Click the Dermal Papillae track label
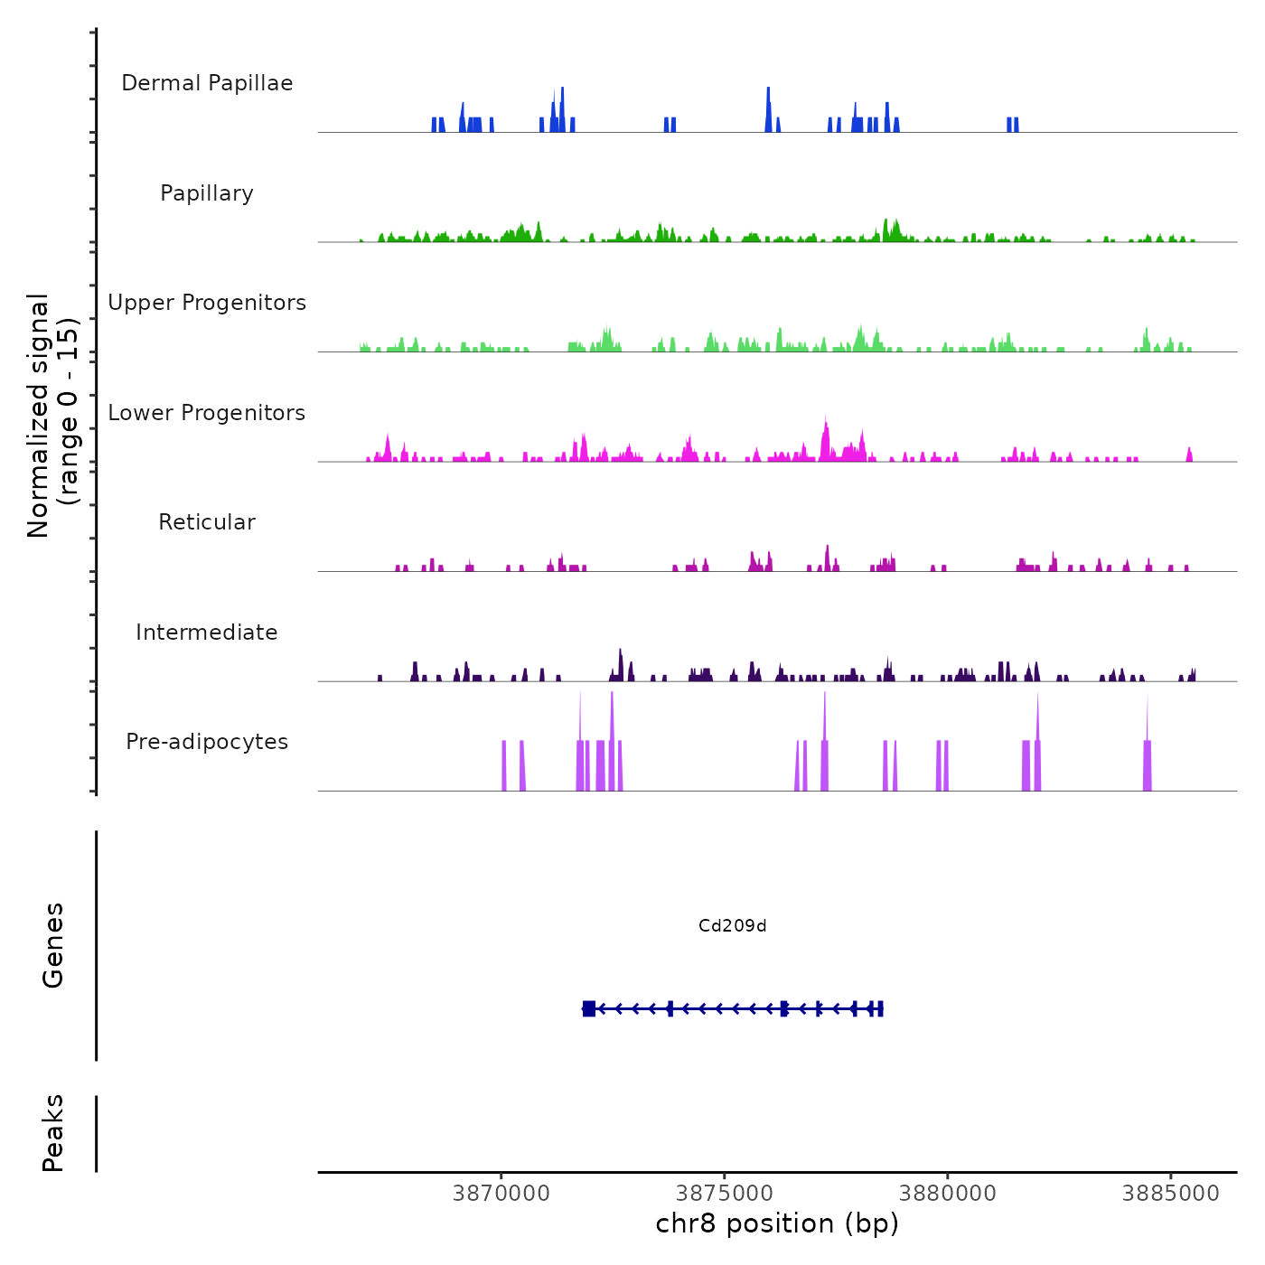click(207, 83)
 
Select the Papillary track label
click(207, 193)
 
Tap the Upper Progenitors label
click(207, 303)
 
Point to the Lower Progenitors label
click(207, 413)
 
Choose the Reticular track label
click(207, 522)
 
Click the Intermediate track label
click(207, 632)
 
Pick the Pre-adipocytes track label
click(207, 742)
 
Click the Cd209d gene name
click(732, 926)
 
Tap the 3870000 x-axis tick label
click(501, 1194)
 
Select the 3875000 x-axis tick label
click(725, 1194)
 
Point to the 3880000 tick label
click(948, 1194)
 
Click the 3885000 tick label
click(1171, 1194)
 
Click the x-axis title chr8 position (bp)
click(777, 1223)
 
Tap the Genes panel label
click(53, 945)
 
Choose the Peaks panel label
click(53, 1133)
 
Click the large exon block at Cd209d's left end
click(589, 1008)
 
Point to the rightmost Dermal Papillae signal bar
click(1017, 125)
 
